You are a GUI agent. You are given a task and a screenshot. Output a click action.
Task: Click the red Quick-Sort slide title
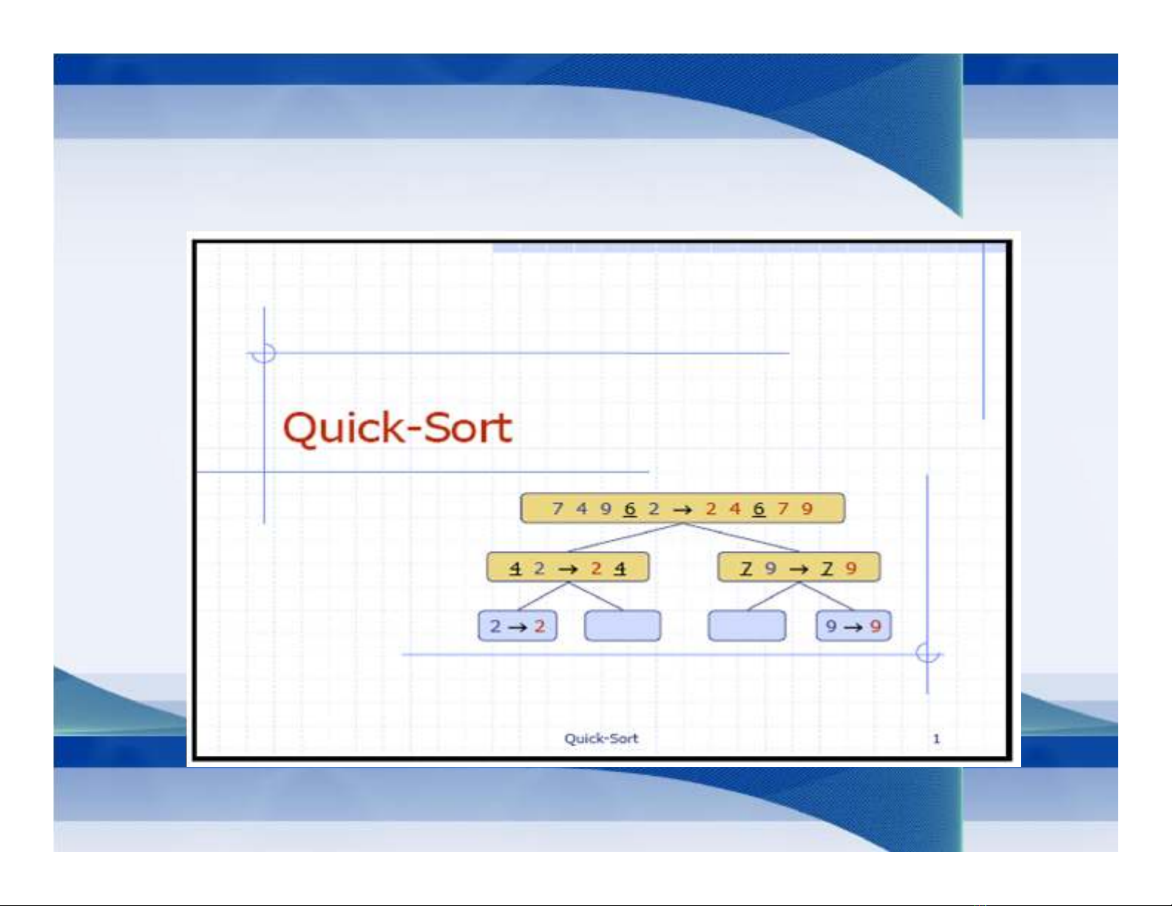tap(398, 429)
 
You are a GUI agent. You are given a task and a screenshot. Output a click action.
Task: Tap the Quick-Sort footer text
tap(601, 738)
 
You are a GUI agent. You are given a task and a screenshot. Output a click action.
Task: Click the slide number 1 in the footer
tap(936, 739)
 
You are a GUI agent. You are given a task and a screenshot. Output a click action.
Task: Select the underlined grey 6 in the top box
tap(629, 509)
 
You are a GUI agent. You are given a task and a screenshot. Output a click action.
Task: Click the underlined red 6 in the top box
tap(759, 509)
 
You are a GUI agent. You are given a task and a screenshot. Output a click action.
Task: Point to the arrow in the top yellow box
tap(682, 509)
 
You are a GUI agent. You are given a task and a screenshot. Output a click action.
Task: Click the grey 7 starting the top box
tap(558, 509)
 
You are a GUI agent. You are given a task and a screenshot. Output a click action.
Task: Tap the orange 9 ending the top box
tap(807, 509)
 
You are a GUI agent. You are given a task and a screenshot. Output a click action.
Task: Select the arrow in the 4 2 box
tap(569, 569)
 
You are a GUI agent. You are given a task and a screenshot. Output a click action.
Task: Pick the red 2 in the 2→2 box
tap(539, 626)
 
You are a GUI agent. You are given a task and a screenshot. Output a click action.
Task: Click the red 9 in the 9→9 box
tap(875, 626)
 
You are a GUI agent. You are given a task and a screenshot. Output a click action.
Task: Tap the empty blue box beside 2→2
tap(623, 626)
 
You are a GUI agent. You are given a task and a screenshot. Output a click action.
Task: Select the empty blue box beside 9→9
tap(747, 626)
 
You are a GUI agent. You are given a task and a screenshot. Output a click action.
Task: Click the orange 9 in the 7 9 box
tap(851, 568)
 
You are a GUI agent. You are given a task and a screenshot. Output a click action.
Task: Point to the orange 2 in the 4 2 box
tap(596, 568)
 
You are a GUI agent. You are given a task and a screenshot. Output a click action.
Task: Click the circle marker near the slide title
tap(264, 343)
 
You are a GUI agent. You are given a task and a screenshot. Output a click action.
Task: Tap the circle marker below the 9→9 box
tap(927, 643)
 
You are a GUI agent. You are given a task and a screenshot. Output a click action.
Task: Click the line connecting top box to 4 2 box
tap(626, 537)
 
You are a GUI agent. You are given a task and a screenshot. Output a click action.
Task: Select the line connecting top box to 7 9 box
tap(741, 537)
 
